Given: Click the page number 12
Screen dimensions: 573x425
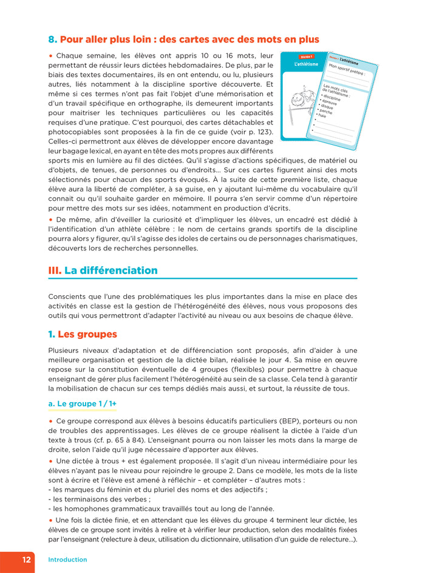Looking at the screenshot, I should coord(27,560).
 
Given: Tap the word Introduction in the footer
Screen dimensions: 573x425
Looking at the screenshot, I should coord(67,560).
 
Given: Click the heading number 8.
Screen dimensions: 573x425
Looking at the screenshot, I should coord(52,39).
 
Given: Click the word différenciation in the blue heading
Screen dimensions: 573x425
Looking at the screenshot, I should coord(118,270).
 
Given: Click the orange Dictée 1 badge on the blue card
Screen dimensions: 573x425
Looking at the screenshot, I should coord(307,56).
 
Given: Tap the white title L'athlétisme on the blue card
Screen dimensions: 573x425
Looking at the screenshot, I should coord(306,64).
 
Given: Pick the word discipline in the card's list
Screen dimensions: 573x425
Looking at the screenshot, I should coord(332,98).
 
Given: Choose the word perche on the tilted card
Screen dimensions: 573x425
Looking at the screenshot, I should coord(325,112).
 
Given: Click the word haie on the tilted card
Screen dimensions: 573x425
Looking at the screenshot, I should coord(322,116).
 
